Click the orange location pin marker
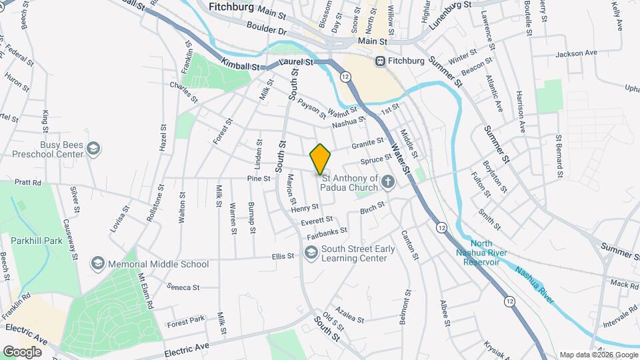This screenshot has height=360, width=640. [x=321, y=159]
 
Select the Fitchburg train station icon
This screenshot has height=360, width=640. [x=380, y=61]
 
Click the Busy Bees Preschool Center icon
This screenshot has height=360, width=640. [x=94, y=148]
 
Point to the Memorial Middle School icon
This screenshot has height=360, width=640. [x=99, y=264]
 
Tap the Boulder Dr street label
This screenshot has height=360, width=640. [x=265, y=31]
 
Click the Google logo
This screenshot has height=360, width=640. [x=22, y=351]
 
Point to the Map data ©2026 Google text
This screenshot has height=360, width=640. [x=598, y=355]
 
